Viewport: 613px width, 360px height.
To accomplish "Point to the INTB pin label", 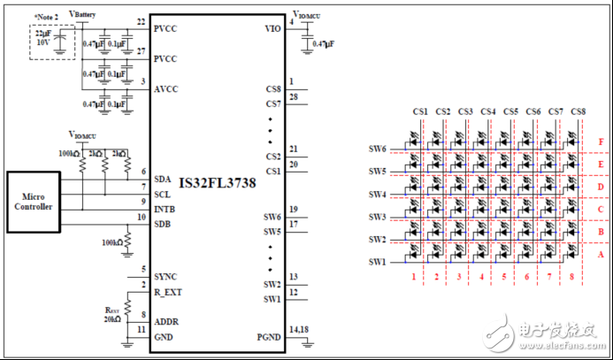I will tap(165, 208).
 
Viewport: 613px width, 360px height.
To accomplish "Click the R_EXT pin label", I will tap(168, 291).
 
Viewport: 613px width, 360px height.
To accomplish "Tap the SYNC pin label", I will tap(165, 276).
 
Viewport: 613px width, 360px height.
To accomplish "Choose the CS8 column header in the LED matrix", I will tap(579, 111).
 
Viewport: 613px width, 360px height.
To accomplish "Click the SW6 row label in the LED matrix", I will tap(378, 149).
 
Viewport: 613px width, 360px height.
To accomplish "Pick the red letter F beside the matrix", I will tap(602, 142).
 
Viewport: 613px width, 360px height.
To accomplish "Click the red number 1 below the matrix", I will tap(413, 277).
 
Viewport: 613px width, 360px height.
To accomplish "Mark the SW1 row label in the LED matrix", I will tap(378, 263).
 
